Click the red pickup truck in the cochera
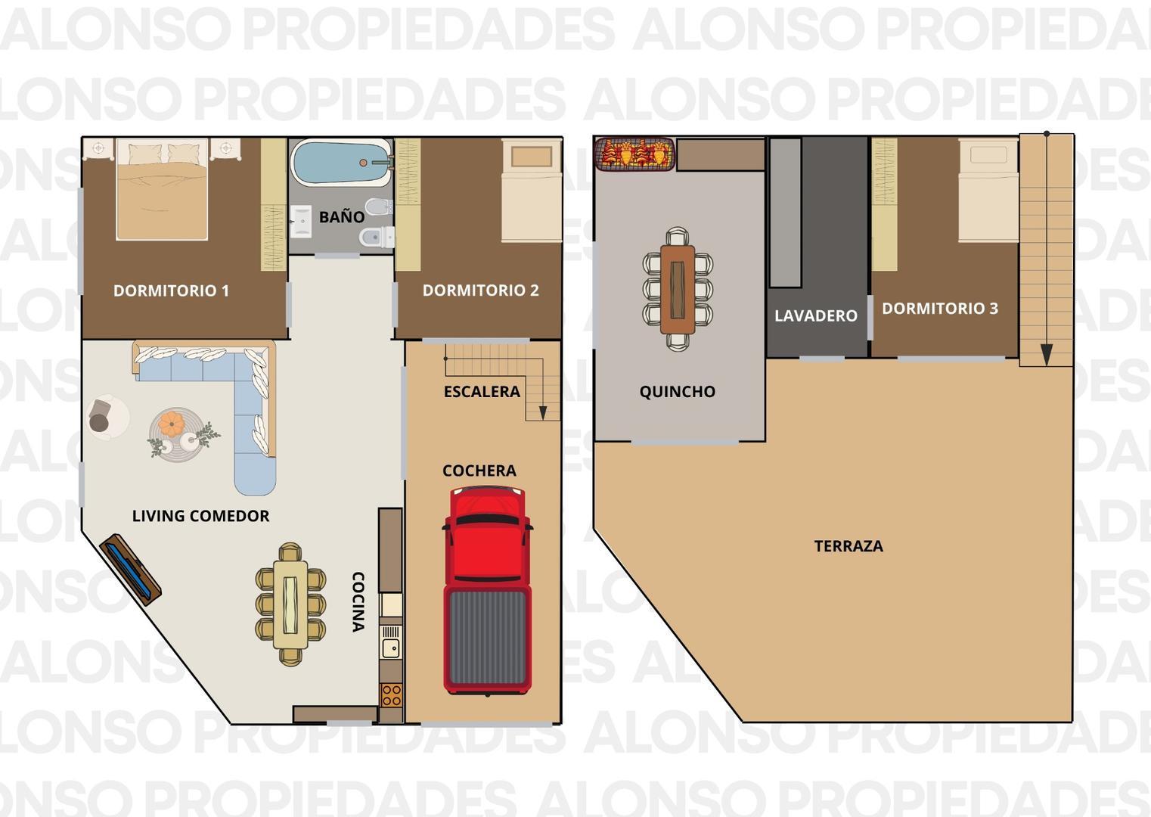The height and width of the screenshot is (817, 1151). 487,590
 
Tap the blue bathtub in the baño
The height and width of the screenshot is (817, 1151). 340,163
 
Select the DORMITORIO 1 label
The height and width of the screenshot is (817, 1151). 171,290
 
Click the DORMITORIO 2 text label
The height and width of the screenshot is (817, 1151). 480,290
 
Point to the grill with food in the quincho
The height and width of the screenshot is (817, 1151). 634,154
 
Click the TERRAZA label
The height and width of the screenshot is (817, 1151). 848,546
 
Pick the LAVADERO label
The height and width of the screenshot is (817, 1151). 815,316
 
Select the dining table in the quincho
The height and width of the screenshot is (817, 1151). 677,289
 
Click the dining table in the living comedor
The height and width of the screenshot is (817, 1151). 290,604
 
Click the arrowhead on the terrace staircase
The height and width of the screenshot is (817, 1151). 1046,354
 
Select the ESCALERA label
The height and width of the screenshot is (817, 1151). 482,392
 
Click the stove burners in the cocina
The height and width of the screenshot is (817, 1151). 391,694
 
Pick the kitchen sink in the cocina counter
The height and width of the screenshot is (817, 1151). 391,648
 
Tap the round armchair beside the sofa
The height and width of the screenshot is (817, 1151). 106,417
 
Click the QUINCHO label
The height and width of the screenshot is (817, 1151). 677,392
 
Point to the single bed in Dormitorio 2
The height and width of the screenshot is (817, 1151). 532,191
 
